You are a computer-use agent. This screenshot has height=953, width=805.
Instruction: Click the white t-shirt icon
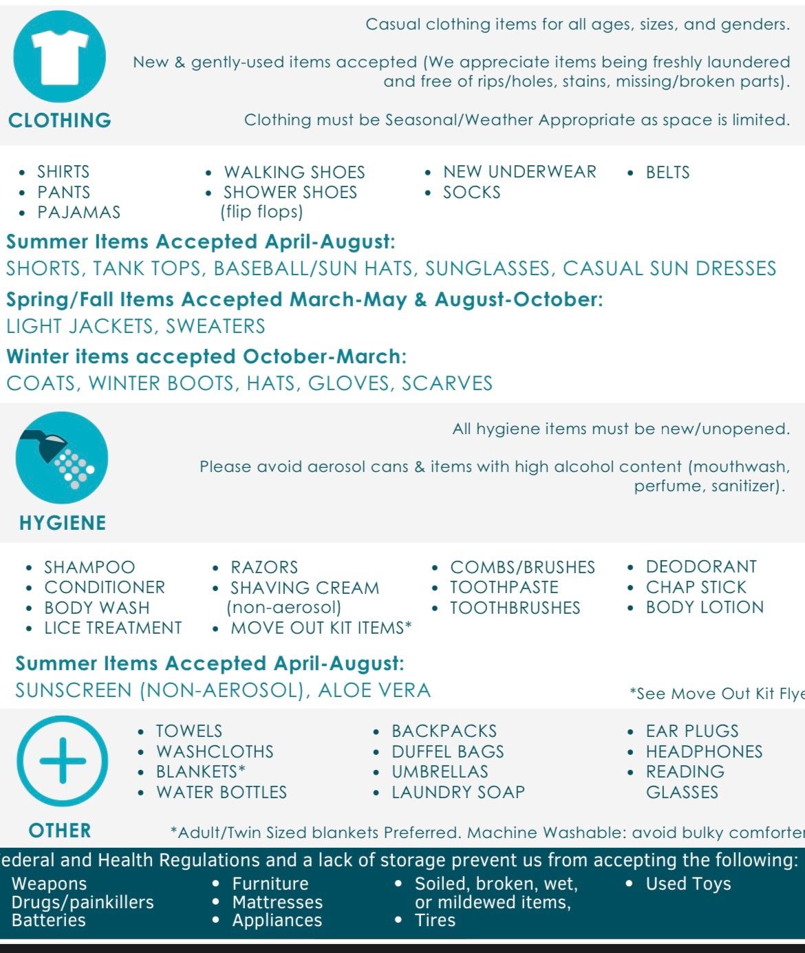point(60,56)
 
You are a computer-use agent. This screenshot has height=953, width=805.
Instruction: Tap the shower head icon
point(61,458)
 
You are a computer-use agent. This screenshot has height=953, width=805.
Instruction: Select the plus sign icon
point(63,761)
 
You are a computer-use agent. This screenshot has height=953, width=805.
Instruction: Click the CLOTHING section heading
point(60,120)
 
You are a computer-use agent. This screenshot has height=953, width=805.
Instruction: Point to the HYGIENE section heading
point(63,523)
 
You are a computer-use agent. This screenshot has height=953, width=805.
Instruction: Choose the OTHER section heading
point(60,831)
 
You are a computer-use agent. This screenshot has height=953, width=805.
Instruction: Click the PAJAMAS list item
point(78,212)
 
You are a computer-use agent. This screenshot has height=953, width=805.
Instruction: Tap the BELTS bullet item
point(667,172)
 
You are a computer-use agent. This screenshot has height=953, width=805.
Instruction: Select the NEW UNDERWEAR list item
point(519,171)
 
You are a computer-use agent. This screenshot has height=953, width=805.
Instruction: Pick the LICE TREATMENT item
point(113,628)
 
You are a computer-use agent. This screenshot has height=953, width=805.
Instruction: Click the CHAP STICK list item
point(696,587)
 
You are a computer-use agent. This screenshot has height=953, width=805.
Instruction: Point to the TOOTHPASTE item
point(504,587)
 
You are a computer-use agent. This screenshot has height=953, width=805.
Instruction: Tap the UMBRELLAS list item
point(440,771)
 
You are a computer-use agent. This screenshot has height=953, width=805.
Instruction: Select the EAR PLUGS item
point(691,731)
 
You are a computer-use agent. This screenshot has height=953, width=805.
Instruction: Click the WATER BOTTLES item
point(221,792)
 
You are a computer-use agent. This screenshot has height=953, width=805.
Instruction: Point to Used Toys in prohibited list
point(688,884)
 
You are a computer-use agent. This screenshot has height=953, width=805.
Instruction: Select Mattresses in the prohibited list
point(277,902)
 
